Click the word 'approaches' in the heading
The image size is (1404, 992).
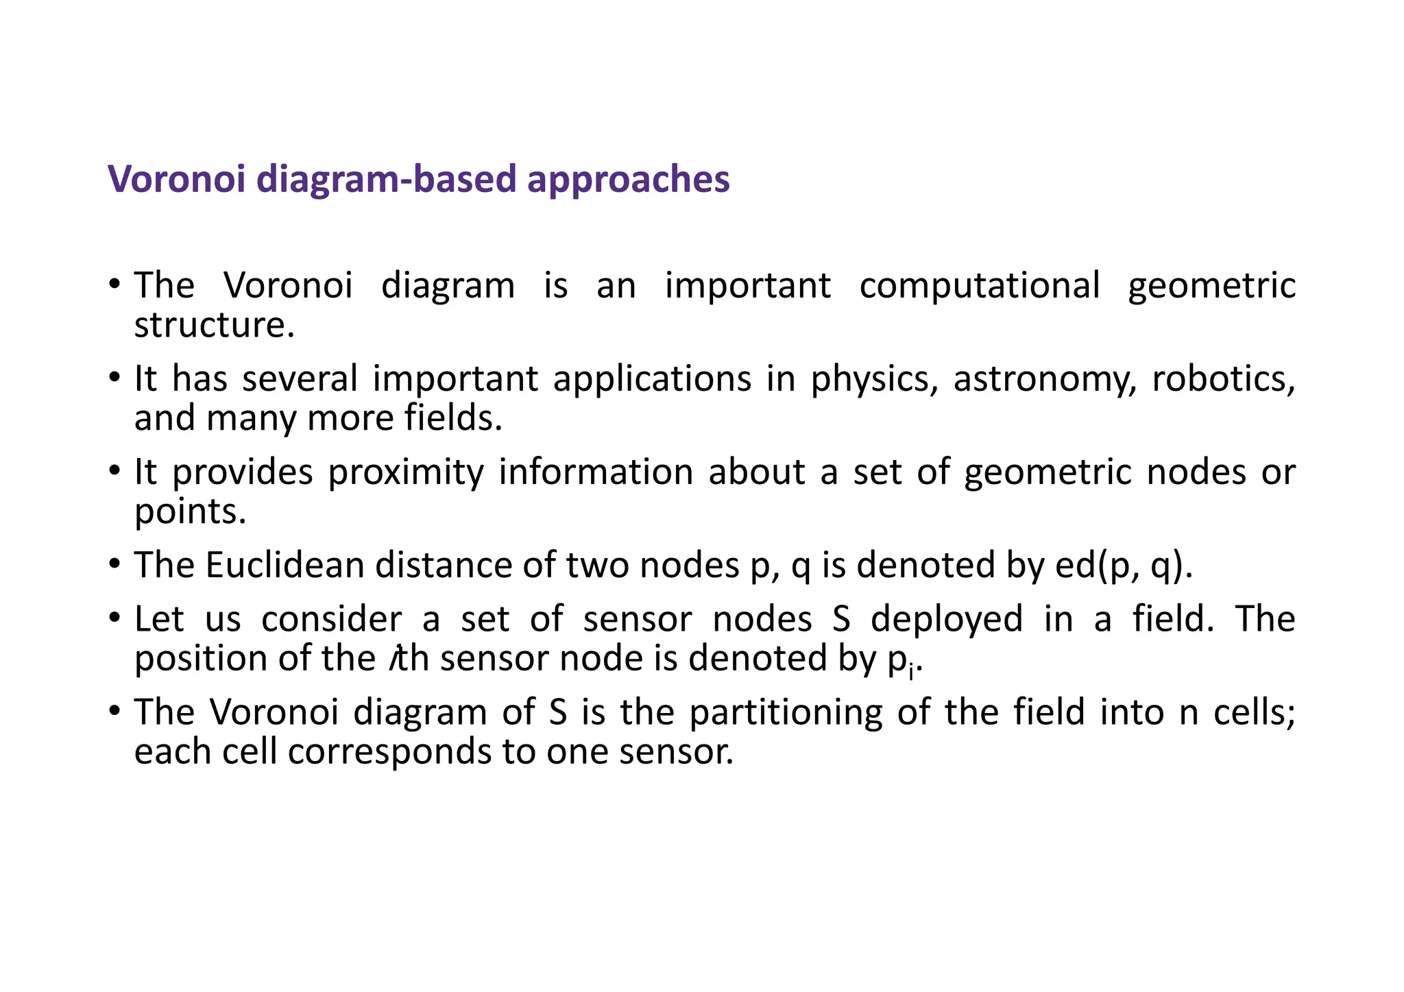pyautogui.click(x=628, y=180)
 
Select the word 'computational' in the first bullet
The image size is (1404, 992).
pyautogui.click(x=980, y=285)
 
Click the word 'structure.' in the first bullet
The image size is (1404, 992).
pyautogui.click(x=214, y=325)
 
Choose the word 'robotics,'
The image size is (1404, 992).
pyautogui.click(x=1223, y=379)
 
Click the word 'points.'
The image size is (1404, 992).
pyautogui.click(x=190, y=511)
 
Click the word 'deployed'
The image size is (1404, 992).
pyautogui.click(x=946, y=619)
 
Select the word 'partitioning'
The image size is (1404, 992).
pyautogui.click(x=786, y=712)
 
